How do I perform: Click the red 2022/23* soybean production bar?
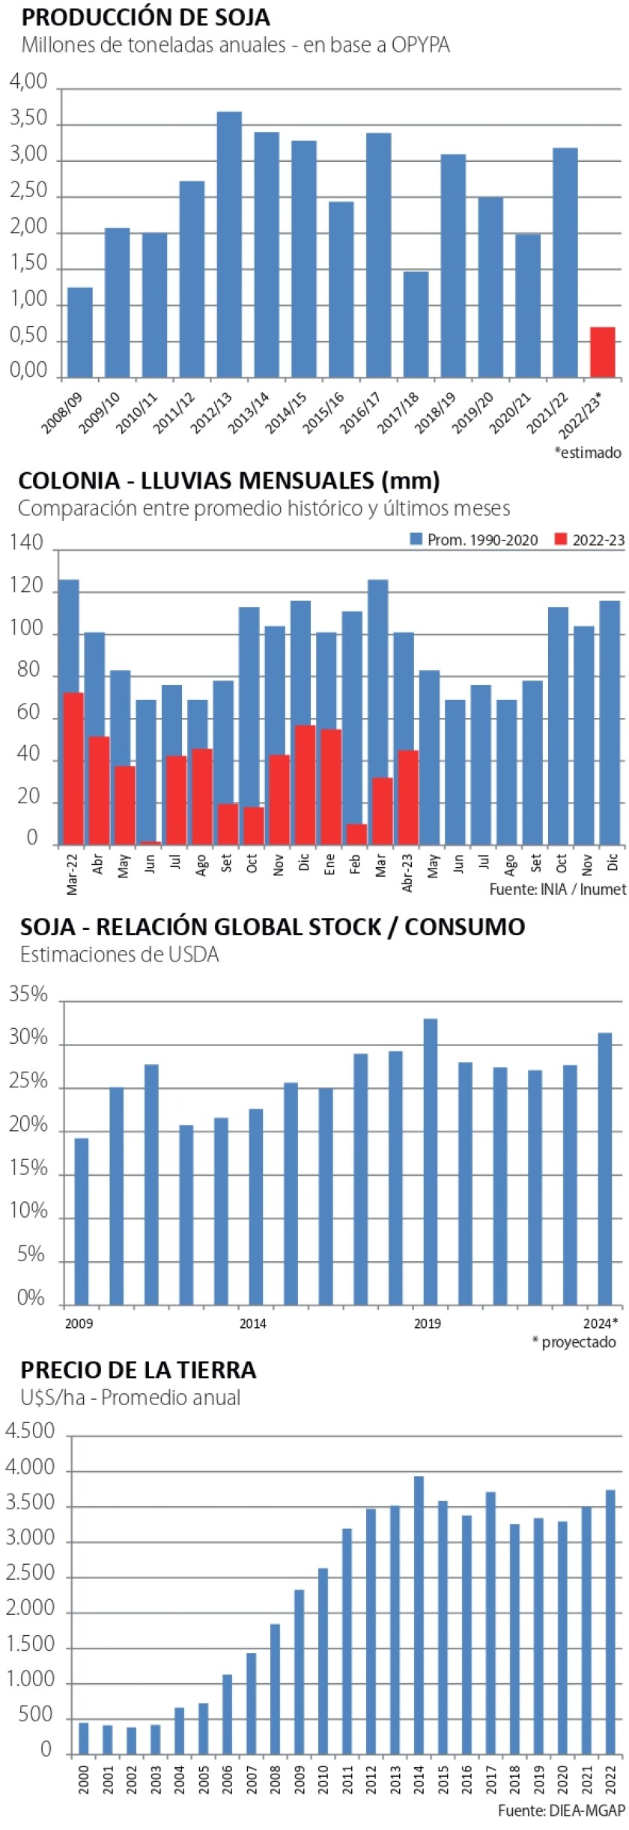pos(602,352)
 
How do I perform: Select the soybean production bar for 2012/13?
pos(229,244)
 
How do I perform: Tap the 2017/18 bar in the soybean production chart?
pos(416,324)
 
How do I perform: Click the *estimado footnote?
pos(588,452)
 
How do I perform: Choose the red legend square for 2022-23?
pos(561,539)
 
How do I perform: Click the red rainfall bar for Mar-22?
pos(73,768)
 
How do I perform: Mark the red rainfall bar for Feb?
pos(356,834)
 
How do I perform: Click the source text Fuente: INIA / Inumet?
pos(557,890)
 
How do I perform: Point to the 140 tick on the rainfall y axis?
pos(26,543)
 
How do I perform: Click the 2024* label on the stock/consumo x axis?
pos(601,1323)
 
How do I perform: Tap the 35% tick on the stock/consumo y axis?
pos(28,995)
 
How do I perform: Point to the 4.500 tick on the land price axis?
pos(30,1431)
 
